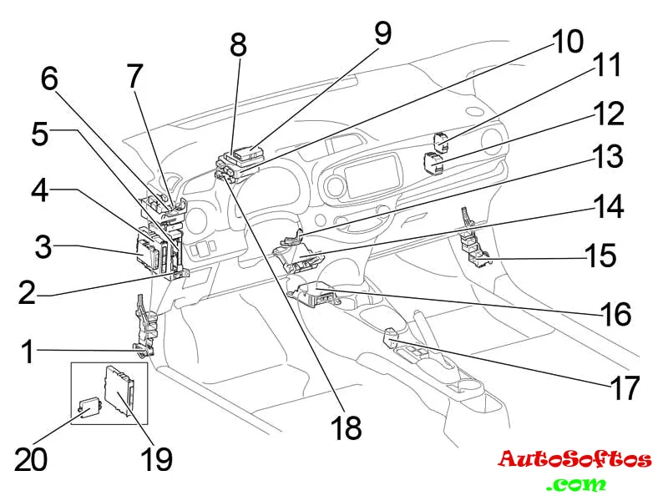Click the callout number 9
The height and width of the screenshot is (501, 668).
click(x=382, y=33)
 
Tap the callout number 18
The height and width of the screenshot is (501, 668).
click(x=347, y=428)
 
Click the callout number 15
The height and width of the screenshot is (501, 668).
click(x=599, y=255)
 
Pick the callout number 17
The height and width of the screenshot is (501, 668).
click(x=623, y=387)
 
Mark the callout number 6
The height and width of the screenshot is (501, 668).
click(x=50, y=79)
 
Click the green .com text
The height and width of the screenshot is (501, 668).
click(x=576, y=483)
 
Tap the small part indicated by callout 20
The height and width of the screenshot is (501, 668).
click(x=86, y=407)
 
